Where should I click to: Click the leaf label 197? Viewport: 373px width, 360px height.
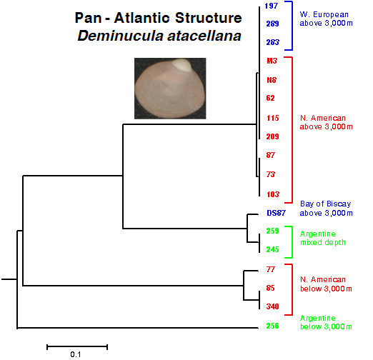click(x=272, y=6)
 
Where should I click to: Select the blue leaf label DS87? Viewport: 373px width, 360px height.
click(x=276, y=213)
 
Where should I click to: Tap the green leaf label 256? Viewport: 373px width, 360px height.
click(x=272, y=326)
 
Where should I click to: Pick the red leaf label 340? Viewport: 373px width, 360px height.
click(x=272, y=306)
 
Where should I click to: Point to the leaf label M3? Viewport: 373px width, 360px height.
click(x=272, y=61)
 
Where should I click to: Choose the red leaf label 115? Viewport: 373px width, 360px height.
click(x=272, y=118)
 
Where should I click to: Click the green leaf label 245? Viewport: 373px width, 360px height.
click(x=272, y=249)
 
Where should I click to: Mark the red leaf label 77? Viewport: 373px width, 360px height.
click(x=271, y=269)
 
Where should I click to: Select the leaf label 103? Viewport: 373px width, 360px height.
click(x=273, y=194)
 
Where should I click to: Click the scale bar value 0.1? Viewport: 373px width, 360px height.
click(x=76, y=354)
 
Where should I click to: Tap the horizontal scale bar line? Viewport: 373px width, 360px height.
click(x=77, y=347)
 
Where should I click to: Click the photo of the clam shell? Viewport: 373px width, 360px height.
click(x=170, y=89)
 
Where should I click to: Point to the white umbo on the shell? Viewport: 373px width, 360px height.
click(x=181, y=64)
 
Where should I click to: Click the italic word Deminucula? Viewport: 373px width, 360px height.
click(x=120, y=36)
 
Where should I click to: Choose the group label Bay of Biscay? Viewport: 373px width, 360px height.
click(x=325, y=204)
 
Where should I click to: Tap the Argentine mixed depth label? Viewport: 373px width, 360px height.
click(x=323, y=238)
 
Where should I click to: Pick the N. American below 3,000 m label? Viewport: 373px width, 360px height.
click(x=326, y=284)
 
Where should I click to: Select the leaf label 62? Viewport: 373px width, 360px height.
click(x=271, y=98)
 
